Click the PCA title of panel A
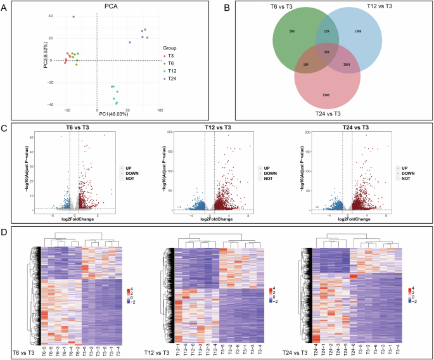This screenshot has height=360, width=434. tap(96, 7)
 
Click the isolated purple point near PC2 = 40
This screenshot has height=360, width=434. tap(73, 16)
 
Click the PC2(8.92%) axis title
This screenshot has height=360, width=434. tap(46, 60)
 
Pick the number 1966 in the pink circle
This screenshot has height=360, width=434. tap(326, 94)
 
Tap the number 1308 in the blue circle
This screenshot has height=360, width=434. tap(376, 31)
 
